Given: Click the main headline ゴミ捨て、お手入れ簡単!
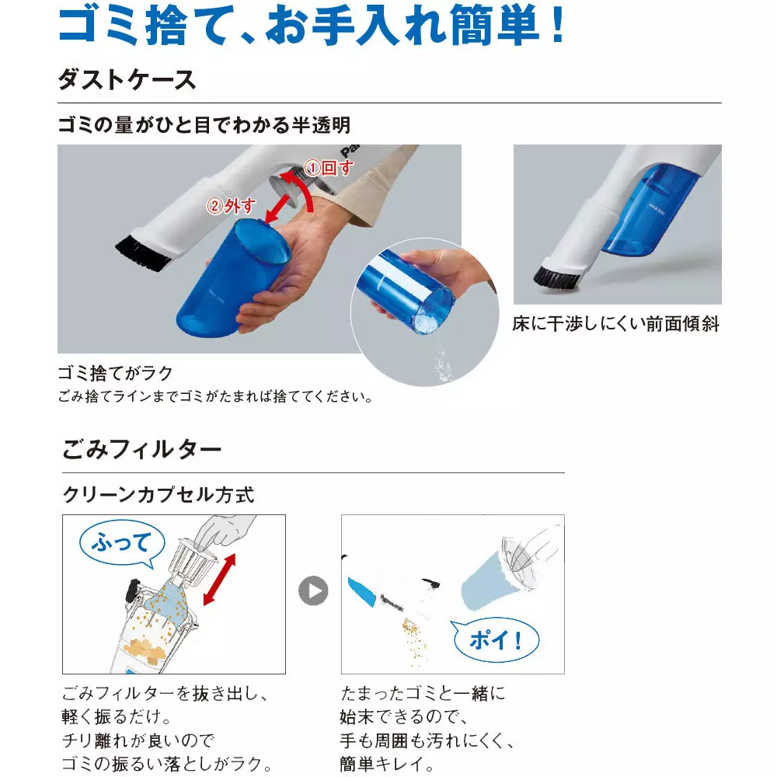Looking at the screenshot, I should (311, 27).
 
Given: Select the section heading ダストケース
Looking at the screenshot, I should (127, 79).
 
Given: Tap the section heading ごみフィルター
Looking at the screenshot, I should (141, 449).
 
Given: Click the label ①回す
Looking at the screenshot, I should (327, 167).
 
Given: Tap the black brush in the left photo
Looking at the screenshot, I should (143, 254).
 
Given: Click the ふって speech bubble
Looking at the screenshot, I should (120, 542).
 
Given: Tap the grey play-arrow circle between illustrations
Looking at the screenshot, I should (313, 591).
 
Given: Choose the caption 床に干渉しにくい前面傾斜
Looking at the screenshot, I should (616, 324).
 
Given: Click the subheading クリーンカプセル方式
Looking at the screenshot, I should (158, 494).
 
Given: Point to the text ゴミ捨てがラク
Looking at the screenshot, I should (115, 372).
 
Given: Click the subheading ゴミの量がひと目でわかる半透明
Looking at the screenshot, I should (204, 124).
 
